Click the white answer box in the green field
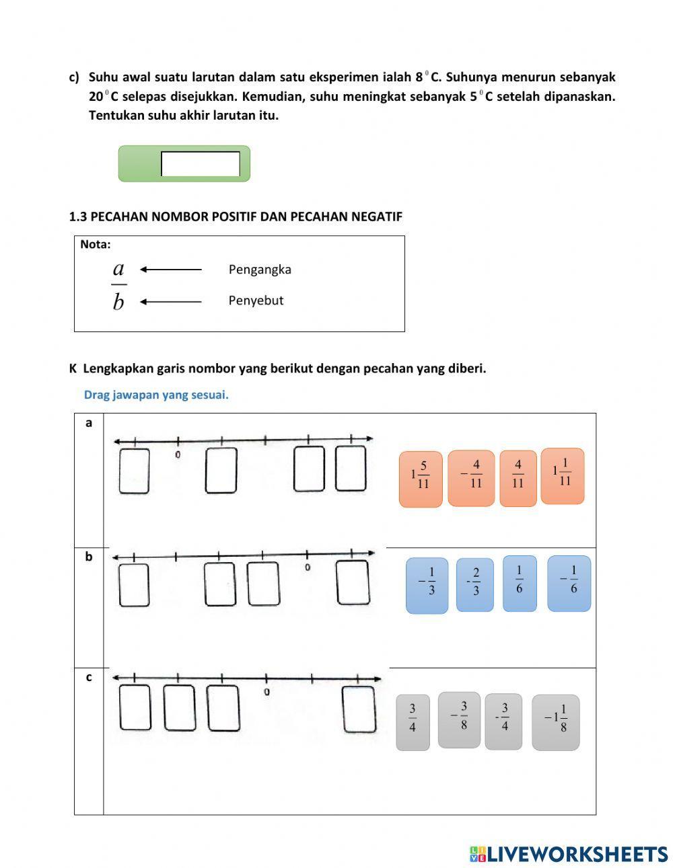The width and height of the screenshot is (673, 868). [x=201, y=164]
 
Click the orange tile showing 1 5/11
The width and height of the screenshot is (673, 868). [x=421, y=479]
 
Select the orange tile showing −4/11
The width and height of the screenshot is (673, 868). [x=471, y=478]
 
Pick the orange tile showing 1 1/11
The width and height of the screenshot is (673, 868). [x=563, y=476]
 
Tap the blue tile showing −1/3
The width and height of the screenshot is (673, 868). [x=427, y=585]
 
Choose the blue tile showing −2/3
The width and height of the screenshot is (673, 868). [x=474, y=585]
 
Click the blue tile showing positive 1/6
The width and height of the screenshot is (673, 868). [x=520, y=584]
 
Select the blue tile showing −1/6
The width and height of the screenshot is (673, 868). [x=569, y=584]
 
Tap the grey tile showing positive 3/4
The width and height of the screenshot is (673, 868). [x=413, y=722]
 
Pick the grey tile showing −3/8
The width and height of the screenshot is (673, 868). [x=459, y=719]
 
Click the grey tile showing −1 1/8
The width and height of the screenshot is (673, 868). [x=555, y=722]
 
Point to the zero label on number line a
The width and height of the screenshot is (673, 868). [x=178, y=455]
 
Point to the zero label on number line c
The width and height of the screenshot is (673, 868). [x=267, y=692]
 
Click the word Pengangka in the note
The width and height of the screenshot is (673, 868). [x=260, y=270]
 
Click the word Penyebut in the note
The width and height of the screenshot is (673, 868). [x=256, y=301]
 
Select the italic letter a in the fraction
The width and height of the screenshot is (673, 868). [x=118, y=269]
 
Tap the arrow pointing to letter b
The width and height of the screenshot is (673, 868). [x=171, y=302]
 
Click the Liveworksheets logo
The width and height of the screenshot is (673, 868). [x=568, y=854]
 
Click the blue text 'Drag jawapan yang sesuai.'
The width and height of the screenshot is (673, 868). [x=156, y=395]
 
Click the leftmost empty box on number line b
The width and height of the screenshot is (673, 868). [x=134, y=584]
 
